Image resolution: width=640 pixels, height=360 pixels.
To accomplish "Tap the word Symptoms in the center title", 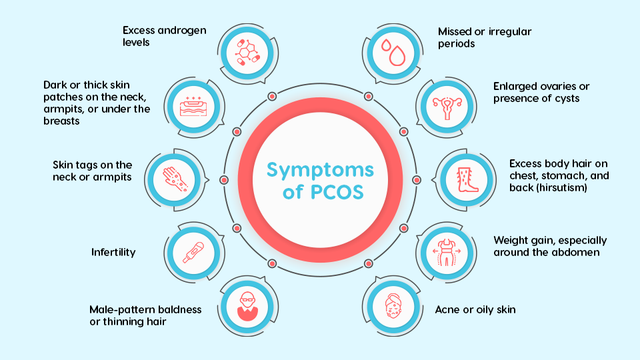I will pyautogui.click(x=319, y=169).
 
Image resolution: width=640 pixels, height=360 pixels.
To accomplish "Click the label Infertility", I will pyautogui.click(x=113, y=252).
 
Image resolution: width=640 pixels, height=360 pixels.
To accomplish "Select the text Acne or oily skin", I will pyautogui.click(x=475, y=310).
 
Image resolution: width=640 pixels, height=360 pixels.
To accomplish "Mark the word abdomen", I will pyautogui.click(x=576, y=252).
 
